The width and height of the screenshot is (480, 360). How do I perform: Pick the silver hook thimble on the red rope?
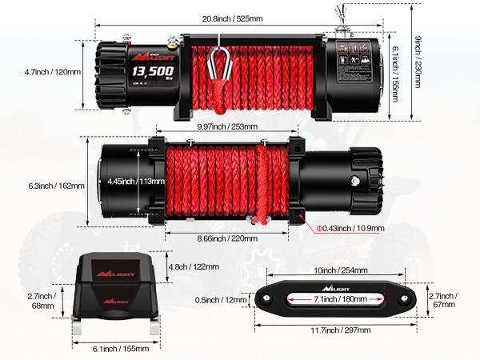[216, 62]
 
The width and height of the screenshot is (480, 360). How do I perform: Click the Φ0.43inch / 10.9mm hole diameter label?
[350, 228]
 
